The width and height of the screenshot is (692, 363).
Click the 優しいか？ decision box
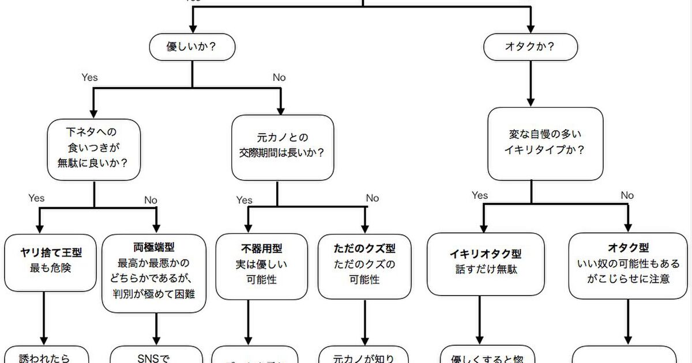192,47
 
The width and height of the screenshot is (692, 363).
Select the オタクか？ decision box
530,47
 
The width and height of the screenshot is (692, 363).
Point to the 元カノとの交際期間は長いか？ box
283,146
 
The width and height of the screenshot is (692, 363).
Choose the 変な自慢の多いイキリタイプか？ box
545,143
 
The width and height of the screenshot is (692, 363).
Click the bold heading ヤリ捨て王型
51,252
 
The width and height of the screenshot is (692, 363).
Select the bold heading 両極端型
154,248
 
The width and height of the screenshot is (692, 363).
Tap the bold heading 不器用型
261,249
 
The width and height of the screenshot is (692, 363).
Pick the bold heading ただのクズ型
364,249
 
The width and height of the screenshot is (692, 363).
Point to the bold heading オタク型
628,248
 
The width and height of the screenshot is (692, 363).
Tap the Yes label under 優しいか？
89,77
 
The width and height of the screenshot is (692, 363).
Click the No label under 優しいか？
279,77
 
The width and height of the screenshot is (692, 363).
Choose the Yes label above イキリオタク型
480,195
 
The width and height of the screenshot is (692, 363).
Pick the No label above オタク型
627,195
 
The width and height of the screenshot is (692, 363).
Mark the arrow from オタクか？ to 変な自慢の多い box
530,84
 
